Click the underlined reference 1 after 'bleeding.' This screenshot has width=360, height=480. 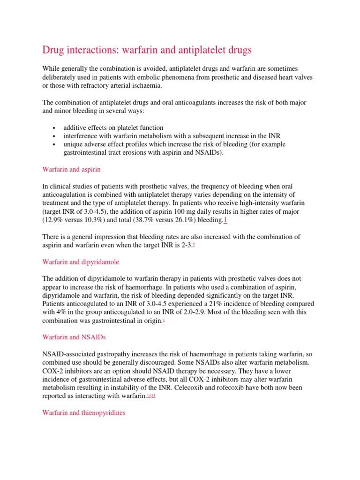pyautogui.click(x=225, y=220)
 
